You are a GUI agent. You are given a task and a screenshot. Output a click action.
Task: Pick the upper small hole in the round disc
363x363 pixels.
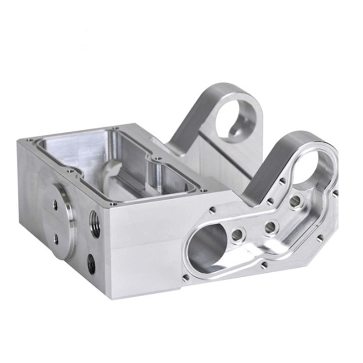55,205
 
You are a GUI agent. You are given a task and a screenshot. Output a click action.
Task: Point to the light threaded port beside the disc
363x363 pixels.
95,224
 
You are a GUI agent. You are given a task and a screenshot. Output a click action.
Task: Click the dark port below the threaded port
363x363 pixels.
92,263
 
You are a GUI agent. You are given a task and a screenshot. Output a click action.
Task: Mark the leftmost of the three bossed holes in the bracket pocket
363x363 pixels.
236,235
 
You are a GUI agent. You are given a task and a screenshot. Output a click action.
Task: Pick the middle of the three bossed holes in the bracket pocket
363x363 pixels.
271,226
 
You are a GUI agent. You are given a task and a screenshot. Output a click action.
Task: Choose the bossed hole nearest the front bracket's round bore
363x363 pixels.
295,201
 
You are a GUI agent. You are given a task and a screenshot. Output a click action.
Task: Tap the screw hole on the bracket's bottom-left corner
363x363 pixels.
185,277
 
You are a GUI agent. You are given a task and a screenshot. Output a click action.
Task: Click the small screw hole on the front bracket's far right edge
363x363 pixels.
335,193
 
